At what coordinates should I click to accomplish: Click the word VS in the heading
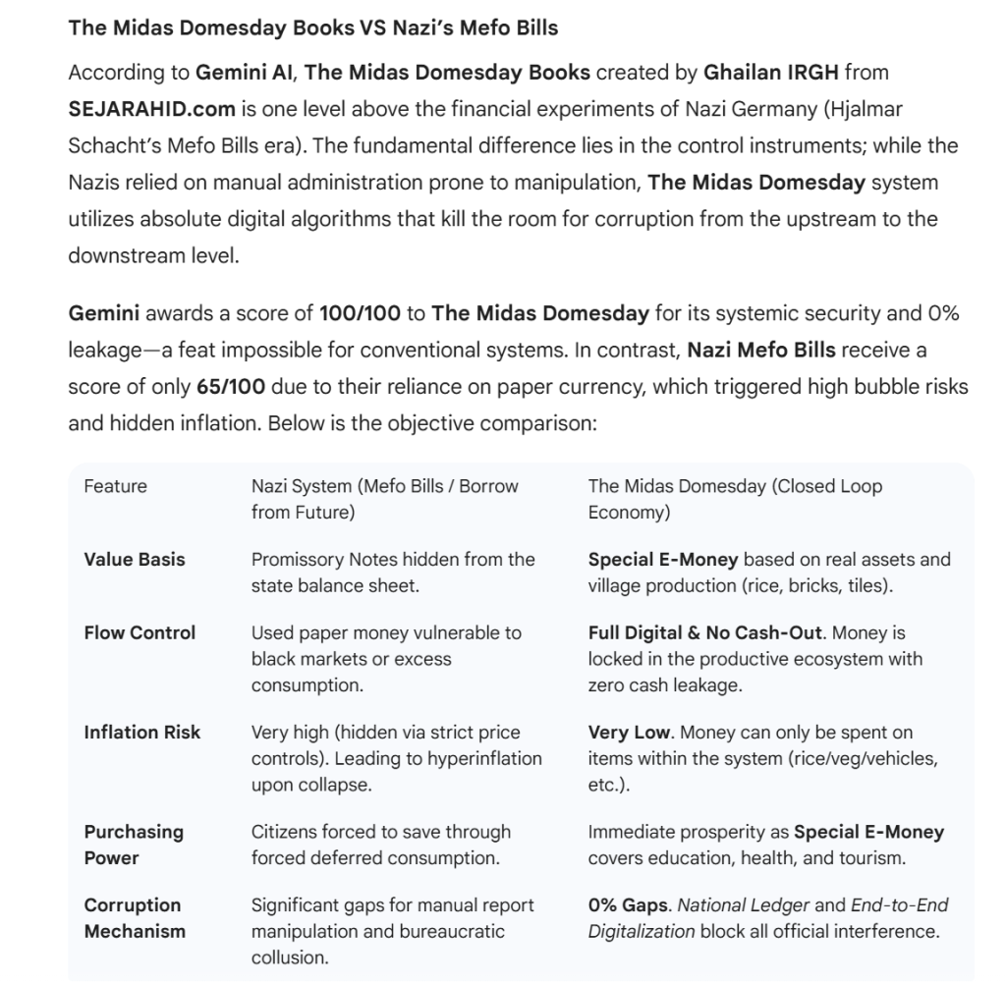tap(372, 27)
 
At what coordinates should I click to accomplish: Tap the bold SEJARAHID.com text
tap(149, 108)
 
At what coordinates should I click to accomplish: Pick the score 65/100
tap(230, 386)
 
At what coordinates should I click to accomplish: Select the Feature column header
tap(115, 486)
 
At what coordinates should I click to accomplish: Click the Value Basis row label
tap(135, 560)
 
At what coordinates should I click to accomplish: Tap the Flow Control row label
tap(140, 633)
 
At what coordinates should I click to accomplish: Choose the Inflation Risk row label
tap(141, 733)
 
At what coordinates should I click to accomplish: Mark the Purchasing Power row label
tap(134, 845)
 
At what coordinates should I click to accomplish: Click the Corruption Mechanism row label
tap(134, 918)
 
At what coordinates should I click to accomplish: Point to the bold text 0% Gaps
tap(627, 905)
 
